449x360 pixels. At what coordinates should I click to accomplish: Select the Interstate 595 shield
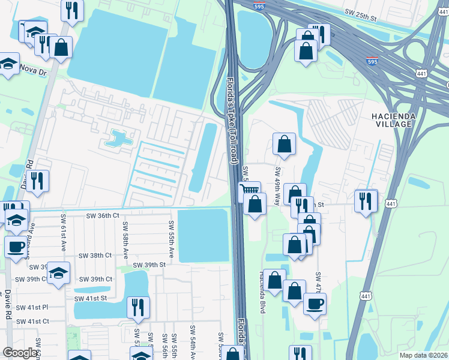pos(372,61)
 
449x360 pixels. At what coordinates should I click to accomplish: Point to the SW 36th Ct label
pos(103,215)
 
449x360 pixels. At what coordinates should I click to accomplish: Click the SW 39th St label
pos(149,265)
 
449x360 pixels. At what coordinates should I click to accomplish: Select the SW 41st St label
pos(91,298)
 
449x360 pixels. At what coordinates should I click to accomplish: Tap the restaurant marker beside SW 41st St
pos(139,308)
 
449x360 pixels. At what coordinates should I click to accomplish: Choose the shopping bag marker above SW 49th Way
pos(285,143)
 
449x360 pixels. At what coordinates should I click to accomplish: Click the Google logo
pos(20,353)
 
